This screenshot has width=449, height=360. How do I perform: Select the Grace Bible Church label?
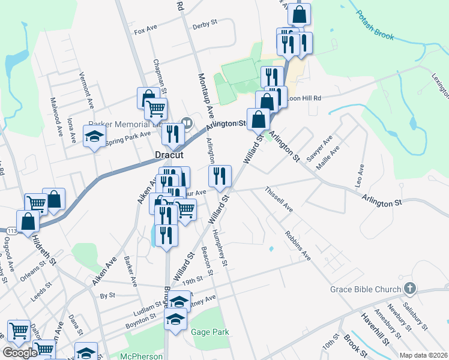(365, 289)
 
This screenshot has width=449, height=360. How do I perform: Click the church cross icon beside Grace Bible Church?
(410, 289)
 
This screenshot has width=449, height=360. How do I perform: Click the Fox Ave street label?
(145, 31)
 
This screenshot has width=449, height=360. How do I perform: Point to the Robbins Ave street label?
(298, 245)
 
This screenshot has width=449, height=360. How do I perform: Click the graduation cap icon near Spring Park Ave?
(94, 137)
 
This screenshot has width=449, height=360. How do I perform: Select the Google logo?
(20, 353)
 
